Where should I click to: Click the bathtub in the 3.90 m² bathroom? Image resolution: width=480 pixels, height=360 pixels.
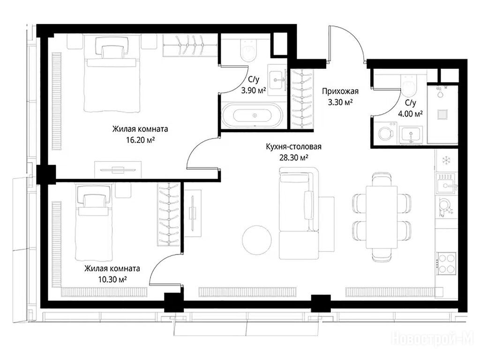[x=252, y=115]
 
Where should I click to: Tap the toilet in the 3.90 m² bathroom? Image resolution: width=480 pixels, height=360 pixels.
[x=248, y=51]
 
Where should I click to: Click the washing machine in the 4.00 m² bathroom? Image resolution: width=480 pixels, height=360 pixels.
[x=385, y=133]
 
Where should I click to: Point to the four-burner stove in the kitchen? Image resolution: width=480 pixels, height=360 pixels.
[x=446, y=263]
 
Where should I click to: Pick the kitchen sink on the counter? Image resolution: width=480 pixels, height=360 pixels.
[x=447, y=183]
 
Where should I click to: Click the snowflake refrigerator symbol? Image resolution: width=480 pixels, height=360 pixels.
[x=445, y=160]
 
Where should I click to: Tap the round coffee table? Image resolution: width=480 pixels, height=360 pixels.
[x=256, y=240]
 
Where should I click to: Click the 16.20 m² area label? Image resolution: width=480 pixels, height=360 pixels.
[x=140, y=140]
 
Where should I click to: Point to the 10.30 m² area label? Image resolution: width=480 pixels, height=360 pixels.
[x=112, y=279]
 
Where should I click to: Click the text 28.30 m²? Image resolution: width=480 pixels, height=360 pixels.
[x=293, y=157]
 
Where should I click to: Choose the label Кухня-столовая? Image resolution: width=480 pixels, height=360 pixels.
[x=293, y=147]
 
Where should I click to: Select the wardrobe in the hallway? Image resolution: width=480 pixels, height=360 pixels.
[x=302, y=99]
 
